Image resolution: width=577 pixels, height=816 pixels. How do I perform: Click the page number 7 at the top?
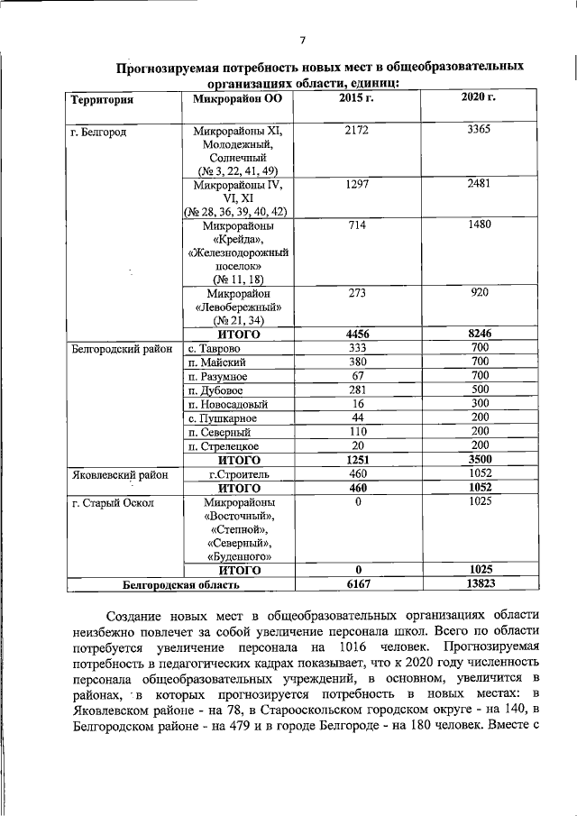[303, 39]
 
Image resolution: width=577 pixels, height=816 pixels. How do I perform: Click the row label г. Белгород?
[98, 132]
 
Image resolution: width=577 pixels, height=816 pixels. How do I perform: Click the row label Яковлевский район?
[114, 473]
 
